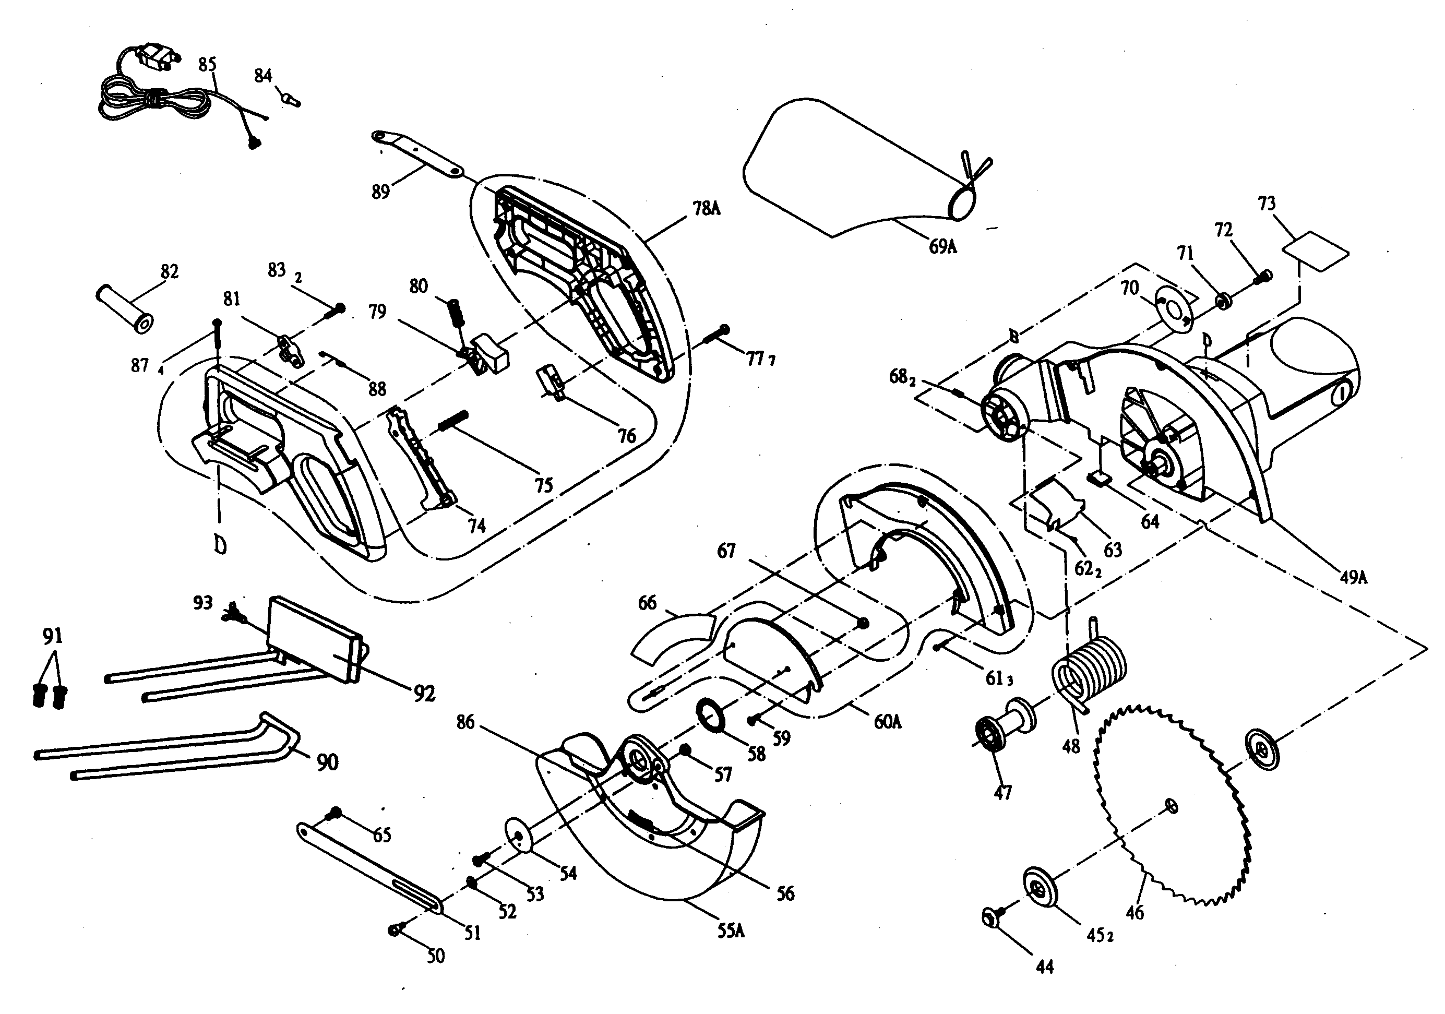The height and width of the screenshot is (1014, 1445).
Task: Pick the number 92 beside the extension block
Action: pyautogui.click(x=425, y=693)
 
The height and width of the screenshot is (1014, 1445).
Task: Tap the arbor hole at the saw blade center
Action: pyautogui.click(x=1171, y=805)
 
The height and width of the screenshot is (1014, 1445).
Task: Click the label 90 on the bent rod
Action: pyautogui.click(x=327, y=762)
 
